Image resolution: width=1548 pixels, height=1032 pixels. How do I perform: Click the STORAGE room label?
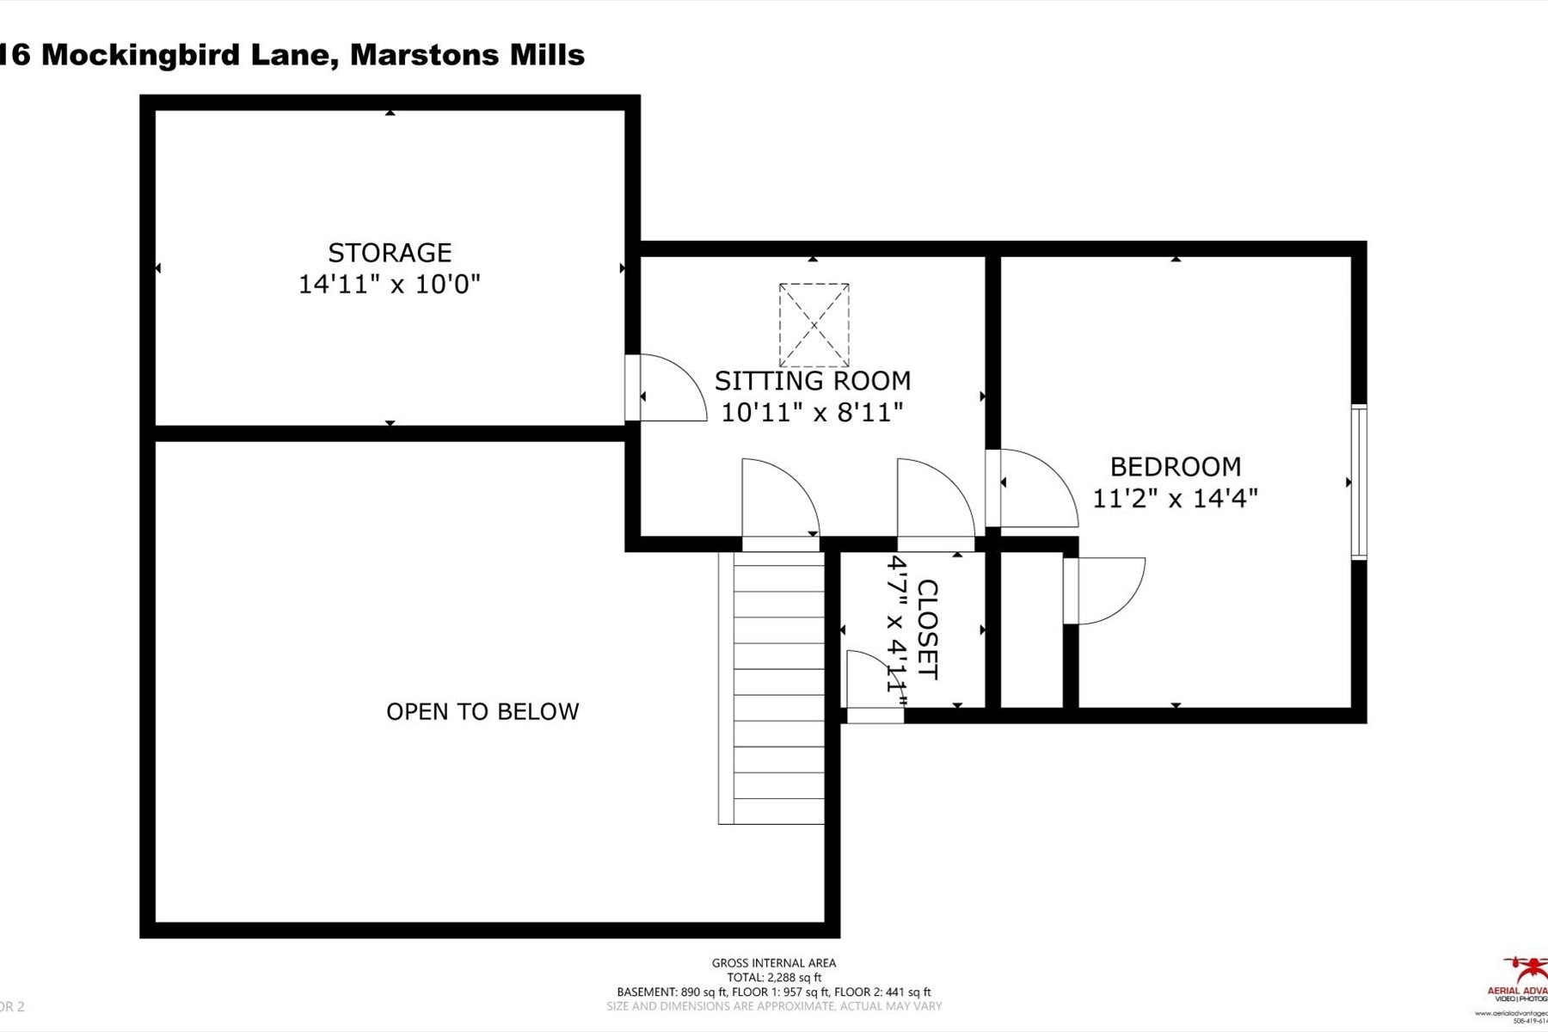(390, 253)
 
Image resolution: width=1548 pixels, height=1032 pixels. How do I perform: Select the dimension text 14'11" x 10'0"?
(390, 285)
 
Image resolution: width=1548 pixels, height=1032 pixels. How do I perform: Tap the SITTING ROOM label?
(813, 381)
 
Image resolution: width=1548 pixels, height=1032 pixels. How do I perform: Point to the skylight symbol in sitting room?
(814, 325)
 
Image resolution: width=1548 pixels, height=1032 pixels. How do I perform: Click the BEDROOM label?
(1176, 467)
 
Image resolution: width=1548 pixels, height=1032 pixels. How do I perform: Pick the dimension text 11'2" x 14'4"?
(1176, 498)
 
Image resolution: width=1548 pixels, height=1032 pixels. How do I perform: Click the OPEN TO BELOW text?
(482, 712)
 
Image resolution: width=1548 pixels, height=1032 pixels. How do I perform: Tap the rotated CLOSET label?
(927, 630)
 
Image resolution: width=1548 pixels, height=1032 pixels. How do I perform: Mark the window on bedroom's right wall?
(1358, 482)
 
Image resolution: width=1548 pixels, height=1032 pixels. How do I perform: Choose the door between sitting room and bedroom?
(1032, 488)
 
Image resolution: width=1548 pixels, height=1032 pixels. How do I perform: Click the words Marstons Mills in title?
(468, 55)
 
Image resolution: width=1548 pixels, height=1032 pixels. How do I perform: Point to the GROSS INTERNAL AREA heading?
(773, 963)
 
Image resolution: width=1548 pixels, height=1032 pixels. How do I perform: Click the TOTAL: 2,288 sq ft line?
(773, 978)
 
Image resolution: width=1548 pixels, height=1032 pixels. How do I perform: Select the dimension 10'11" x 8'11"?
(813, 413)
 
